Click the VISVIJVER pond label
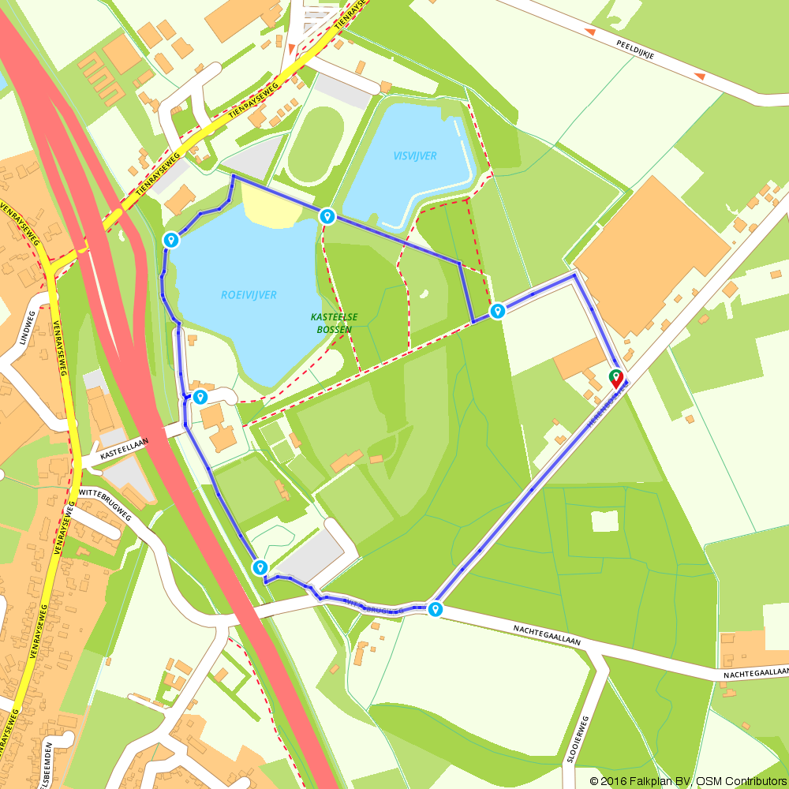click(x=414, y=156)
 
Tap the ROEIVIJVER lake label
click(x=249, y=295)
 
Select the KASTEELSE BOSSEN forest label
click(x=334, y=323)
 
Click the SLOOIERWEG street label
click(x=573, y=738)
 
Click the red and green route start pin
click(x=615, y=378)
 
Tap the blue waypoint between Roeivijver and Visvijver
click(x=327, y=215)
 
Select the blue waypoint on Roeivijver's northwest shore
click(x=170, y=239)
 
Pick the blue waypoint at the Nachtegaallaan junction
click(x=435, y=608)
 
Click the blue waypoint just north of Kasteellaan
click(x=200, y=396)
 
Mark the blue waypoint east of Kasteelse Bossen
click(x=497, y=311)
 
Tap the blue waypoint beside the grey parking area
click(x=260, y=567)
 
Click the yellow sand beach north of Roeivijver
click(x=268, y=208)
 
